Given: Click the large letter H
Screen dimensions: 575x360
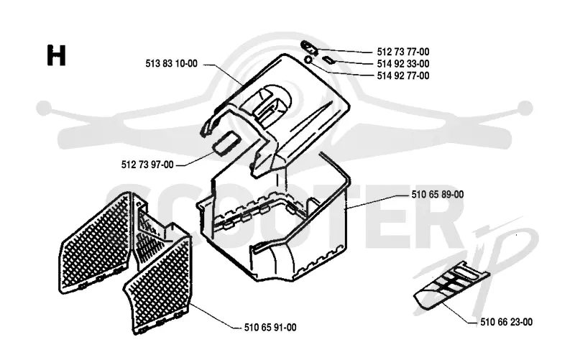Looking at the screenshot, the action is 57,55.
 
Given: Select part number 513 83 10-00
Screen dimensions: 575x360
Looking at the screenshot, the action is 171,64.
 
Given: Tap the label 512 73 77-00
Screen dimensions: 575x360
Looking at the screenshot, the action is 403,52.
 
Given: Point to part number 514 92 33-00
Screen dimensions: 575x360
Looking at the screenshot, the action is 403,64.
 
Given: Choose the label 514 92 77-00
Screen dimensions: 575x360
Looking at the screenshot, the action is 403,76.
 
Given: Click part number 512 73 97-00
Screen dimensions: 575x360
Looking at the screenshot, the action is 147,165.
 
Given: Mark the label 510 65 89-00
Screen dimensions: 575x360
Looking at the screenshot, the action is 438,194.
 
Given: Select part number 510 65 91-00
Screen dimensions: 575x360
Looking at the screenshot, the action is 270,328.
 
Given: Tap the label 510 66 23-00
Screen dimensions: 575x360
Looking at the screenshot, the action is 507,322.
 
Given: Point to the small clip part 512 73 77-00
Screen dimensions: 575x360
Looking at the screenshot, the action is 309,47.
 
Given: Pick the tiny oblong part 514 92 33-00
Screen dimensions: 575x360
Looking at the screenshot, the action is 328,60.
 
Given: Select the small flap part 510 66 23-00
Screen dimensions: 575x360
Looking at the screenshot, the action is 451,285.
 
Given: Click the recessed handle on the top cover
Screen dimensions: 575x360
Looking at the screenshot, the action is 266,103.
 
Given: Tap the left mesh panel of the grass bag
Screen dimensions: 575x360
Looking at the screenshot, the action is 96,242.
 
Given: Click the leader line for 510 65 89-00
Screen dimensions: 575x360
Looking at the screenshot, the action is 379,201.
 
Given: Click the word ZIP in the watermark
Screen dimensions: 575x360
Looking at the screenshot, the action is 477,264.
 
